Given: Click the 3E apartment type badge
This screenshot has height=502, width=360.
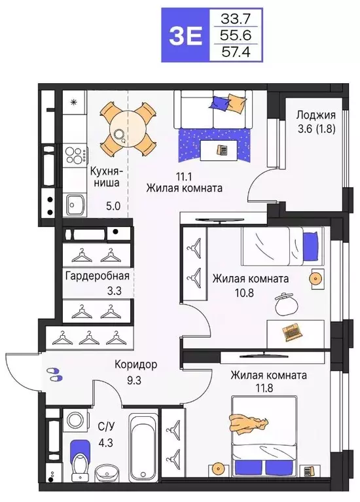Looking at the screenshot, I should [x=185, y=34].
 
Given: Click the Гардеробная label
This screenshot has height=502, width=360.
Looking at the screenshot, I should [x=97, y=275].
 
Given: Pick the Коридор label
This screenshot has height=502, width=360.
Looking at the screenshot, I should [x=135, y=365].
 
